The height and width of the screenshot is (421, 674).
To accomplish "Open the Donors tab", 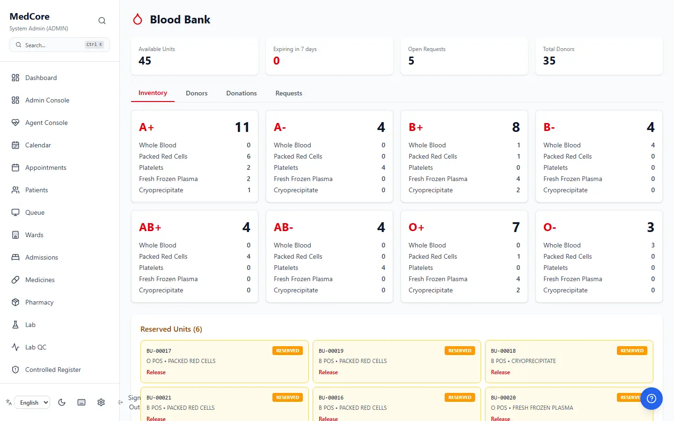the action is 197,93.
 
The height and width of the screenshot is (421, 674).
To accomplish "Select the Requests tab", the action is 288,93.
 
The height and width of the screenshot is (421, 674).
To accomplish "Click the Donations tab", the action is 242,93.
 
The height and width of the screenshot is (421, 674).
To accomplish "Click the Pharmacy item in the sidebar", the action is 39,302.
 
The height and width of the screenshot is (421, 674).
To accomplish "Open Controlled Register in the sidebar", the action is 53,370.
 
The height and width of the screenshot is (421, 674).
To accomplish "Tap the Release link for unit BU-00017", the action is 156,372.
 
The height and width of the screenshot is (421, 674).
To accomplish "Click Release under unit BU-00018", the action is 500,372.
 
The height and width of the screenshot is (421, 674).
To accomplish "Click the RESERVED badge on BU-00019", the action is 460,351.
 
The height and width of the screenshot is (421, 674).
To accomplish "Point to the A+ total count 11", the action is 242,127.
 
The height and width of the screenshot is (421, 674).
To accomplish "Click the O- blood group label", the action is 549,227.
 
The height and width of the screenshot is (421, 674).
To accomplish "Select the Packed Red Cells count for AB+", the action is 249,256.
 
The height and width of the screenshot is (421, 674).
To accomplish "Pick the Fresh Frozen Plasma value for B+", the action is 518,179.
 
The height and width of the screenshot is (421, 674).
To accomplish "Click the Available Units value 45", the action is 145,61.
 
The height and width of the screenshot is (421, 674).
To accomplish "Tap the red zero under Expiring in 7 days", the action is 277,61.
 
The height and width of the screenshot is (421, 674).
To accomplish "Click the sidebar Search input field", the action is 59,45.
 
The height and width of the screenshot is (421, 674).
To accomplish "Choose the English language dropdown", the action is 32,402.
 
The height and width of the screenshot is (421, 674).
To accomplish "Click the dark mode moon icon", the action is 62,402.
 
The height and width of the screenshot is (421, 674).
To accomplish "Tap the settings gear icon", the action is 101,402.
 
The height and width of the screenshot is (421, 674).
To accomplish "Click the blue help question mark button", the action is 652,399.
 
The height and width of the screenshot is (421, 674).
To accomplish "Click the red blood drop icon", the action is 138,19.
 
